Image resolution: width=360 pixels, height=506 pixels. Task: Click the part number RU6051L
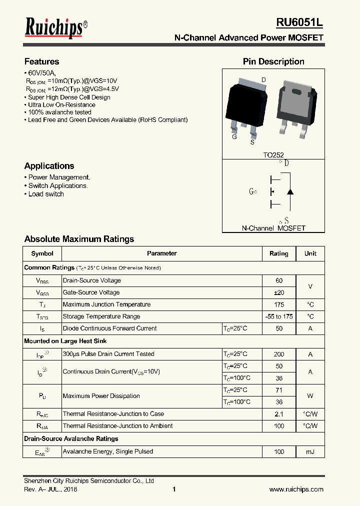pyautogui.click(x=299, y=22)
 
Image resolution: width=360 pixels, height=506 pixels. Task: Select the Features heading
pyautogui.click(x=41, y=61)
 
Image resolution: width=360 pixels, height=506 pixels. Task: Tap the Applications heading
pyautogui.click(x=49, y=166)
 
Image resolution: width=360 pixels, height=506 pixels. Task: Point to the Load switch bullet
pyautogui.click(x=45, y=194)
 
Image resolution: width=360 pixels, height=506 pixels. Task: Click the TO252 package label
pyautogui.click(x=273, y=155)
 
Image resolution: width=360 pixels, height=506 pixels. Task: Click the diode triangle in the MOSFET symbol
pyautogui.click(x=290, y=191)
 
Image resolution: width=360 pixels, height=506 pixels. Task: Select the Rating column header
pyautogui.click(x=279, y=253)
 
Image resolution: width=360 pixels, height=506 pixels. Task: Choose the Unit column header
pyautogui.click(x=310, y=253)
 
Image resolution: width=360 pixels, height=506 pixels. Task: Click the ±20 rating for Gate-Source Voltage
pyautogui.click(x=279, y=292)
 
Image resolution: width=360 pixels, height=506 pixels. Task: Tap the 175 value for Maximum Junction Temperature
pyautogui.click(x=279, y=304)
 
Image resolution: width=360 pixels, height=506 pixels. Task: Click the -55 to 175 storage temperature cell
pyautogui.click(x=279, y=316)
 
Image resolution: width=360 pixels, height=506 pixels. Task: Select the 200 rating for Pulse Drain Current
pyautogui.click(x=279, y=354)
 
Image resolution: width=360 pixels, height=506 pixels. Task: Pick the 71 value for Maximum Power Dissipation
pyautogui.click(x=279, y=390)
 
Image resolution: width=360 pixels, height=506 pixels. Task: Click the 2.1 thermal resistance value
pyautogui.click(x=279, y=414)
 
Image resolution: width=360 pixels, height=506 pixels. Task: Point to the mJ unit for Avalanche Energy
pyautogui.click(x=310, y=451)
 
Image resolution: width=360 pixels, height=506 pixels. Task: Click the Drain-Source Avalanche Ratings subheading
pyautogui.click(x=71, y=438)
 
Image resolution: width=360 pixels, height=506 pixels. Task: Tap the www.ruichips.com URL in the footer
pyautogui.click(x=296, y=489)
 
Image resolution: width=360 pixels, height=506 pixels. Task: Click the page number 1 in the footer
pyautogui.click(x=174, y=489)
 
